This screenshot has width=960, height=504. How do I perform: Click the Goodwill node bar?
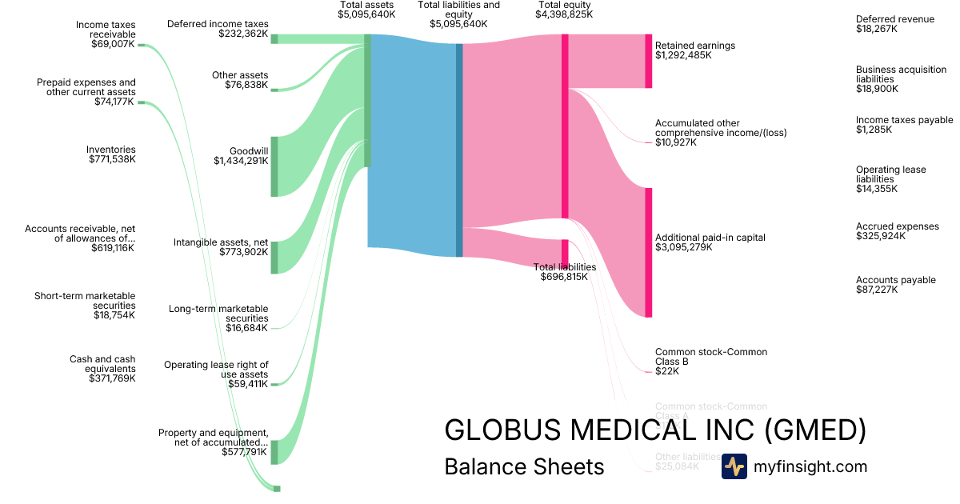pyautogui.click(x=274, y=166)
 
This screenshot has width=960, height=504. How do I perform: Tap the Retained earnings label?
pyautogui.click(x=694, y=46)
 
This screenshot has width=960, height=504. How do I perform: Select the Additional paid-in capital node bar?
pyautogui.click(x=649, y=252)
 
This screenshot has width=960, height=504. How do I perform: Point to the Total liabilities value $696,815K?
pyautogui.click(x=565, y=277)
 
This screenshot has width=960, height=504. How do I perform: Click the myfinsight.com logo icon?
pyautogui.click(x=734, y=466)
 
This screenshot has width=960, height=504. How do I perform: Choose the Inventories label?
pyautogui.click(x=111, y=150)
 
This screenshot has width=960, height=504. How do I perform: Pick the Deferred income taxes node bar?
pyautogui.click(x=274, y=38)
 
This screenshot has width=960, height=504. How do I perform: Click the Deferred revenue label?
pyautogui.click(x=894, y=19)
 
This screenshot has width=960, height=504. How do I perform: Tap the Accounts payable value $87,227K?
pyautogui.click(x=877, y=290)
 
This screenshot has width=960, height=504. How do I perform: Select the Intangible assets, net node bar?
pyautogui.click(x=274, y=257)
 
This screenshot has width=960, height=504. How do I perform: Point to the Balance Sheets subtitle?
pyautogui.click(x=524, y=466)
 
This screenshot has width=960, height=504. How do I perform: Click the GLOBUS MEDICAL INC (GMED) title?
pyautogui.click(x=655, y=430)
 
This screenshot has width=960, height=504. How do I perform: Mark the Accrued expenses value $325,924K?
pyautogui.click(x=877, y=236)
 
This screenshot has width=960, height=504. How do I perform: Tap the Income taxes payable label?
pyautogui.click(x=904, y=120)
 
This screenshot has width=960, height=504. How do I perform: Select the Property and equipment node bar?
pyautogui.click(x=274, y=452)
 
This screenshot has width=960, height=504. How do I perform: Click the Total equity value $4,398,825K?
pyautogui.click(x=565, y=14)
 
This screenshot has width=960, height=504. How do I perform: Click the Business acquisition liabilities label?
pyautogui.click(x=901, y=74)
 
